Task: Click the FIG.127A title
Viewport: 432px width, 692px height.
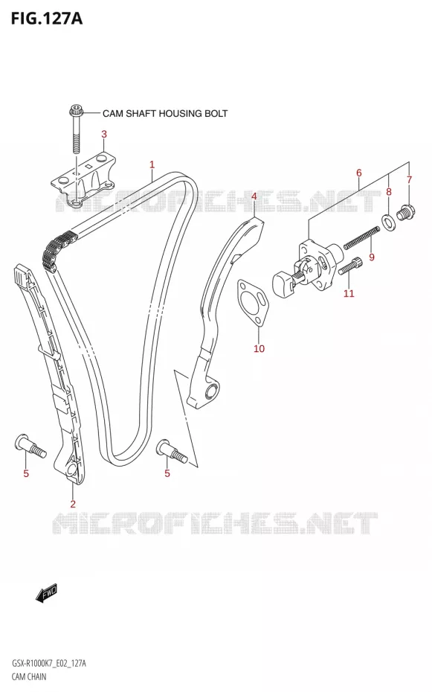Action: click(x=46, y=19)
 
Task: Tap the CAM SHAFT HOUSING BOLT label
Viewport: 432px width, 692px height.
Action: click(x=165, y=113)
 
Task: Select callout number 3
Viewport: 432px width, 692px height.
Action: click(x=104, y=134)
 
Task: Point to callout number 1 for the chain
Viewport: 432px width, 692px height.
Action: click(x=152, y=165)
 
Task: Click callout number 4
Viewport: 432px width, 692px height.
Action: click(x=254, y=196)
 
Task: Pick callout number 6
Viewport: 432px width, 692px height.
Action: click(x=359, y=173)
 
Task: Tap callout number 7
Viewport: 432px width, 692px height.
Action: click(x=409, y=179)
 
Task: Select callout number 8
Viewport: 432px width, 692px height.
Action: click(x=389, y=191)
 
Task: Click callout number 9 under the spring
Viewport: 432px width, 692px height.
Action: click(x=372, y=257)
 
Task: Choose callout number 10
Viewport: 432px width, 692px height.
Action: click(x=259, y=349)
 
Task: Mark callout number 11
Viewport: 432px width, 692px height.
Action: click(x=349, y=293)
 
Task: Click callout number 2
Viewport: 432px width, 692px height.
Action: click(x=73, y=504)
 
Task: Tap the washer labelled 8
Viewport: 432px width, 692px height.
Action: click(x=388, y=222)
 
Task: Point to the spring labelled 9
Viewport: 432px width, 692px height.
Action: click(x=361, y=237)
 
